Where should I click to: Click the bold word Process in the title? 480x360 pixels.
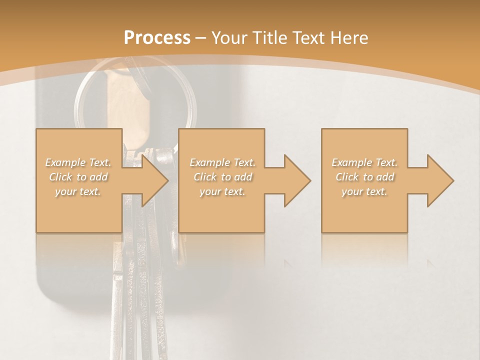tap(157, 37)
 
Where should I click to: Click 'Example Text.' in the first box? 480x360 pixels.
tap(78, 162)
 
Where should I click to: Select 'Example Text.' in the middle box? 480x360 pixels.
tap(222, 162)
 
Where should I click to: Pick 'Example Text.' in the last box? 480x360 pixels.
tap(364, 162)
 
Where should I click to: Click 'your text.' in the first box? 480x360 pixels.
tap(78, 191)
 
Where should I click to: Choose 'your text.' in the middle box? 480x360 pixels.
tap(222, 191)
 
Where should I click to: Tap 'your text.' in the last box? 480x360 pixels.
tap(364, 191)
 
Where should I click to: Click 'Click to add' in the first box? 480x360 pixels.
tap(78, 177)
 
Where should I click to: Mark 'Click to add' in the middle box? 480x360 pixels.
tap(222, 177)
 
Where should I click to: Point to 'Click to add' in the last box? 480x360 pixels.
tap(364, 177)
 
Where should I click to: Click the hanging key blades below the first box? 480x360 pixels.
tap(135, 290)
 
